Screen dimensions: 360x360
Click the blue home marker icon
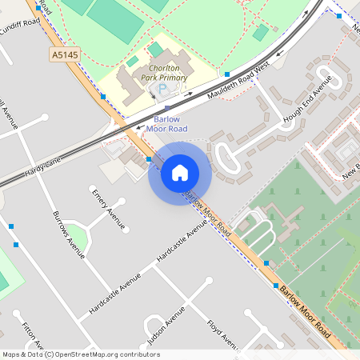pyautogui.click(x=180, y=173)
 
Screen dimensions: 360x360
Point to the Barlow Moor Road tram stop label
pyautogui.click(x=166, y=124)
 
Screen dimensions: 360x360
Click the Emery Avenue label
pyautogui.click(x=108, y=210)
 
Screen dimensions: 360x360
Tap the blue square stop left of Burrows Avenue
pyautogui.click(x=12, y=226)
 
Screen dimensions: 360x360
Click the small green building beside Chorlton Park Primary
pyautogui.click(x=132, y=62)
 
